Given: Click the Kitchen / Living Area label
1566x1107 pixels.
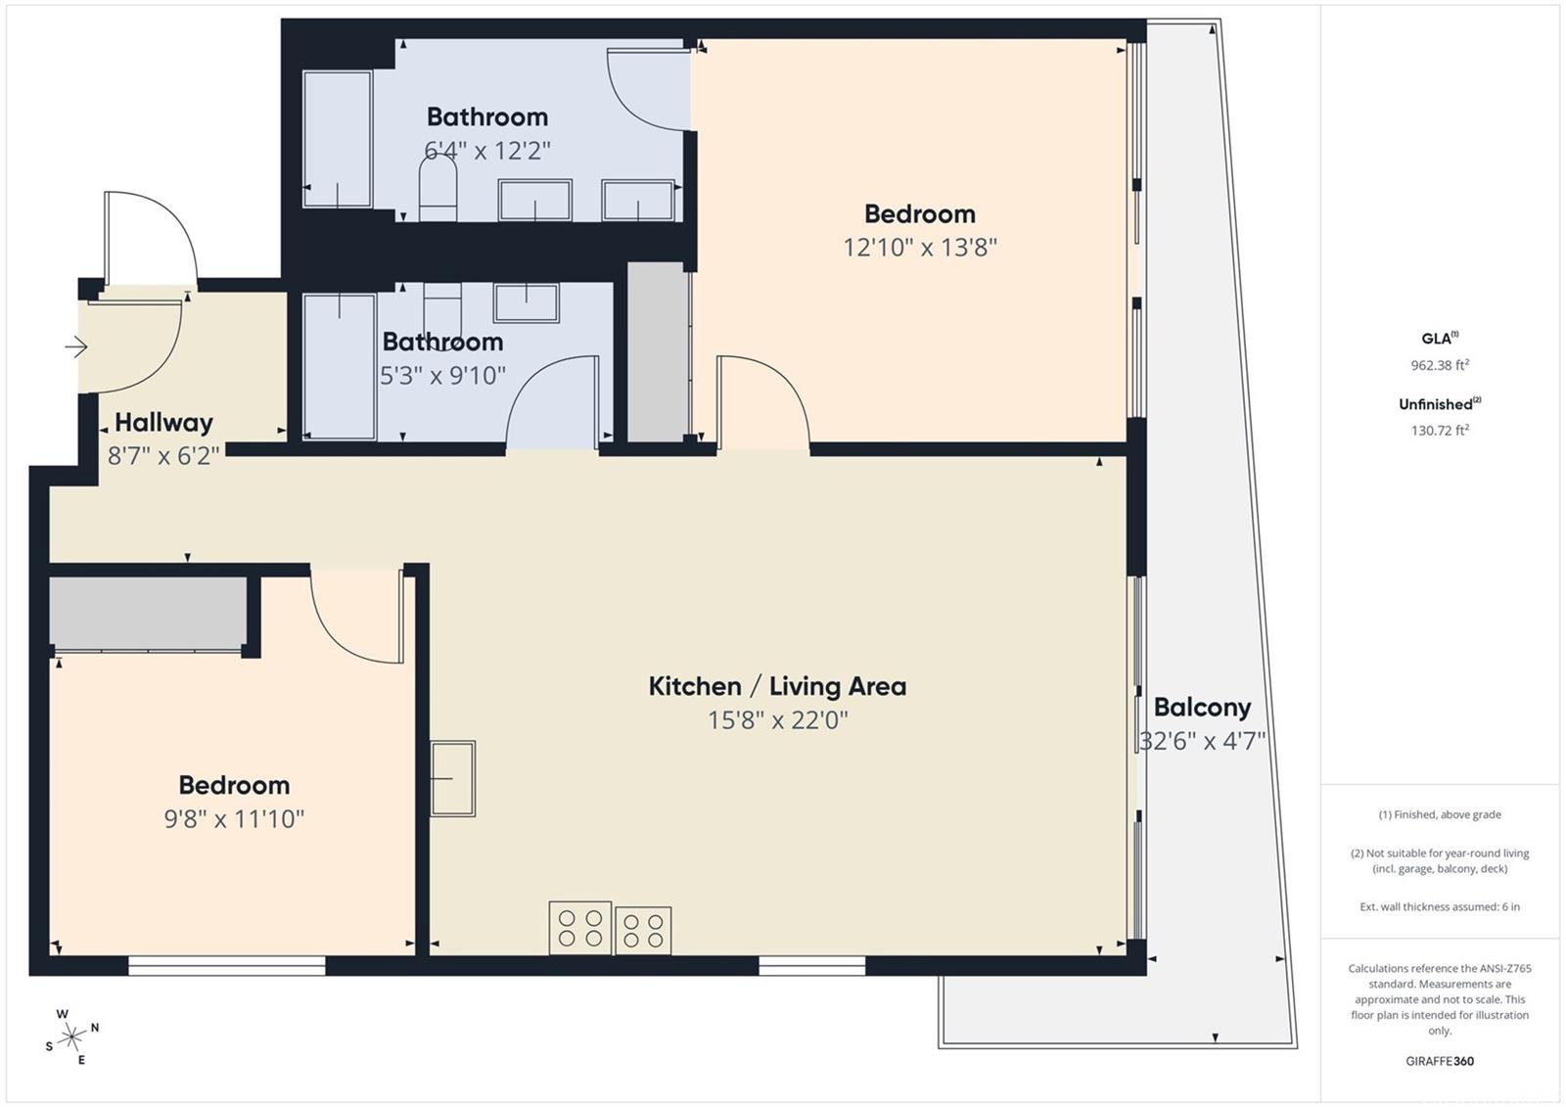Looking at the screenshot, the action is (x=777, y=687).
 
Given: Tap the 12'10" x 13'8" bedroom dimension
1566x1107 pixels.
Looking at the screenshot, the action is (x=920, y=248).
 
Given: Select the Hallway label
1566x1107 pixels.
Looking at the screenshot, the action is (x=163, y=423).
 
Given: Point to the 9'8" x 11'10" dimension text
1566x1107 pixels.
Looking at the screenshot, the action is (x=234, y=819).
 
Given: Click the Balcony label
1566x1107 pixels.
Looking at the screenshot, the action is (x=1202, y=708).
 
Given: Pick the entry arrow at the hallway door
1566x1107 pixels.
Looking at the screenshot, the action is (x=76, y=346).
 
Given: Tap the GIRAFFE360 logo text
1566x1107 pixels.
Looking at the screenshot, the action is (x=1440, y=1061).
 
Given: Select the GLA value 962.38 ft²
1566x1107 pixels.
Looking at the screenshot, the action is (x=1440, y=364).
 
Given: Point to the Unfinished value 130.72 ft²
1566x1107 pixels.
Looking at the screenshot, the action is (x=1440, y=430).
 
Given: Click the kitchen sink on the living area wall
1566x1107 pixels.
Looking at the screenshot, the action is (x=452, y=778).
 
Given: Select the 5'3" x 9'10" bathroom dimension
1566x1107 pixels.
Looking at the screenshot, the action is (x=442, y=376).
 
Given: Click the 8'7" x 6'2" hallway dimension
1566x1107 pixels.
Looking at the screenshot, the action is (x=163, y=456).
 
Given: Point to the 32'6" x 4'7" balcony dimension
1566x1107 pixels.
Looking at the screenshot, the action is (x=1203, y=741).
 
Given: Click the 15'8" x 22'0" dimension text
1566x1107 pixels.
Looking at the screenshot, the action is (x=777, y=720).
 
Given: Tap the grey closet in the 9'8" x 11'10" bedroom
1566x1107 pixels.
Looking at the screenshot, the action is (x=148, y=612).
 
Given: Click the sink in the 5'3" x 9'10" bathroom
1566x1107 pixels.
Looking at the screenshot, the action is (x=527, y=302).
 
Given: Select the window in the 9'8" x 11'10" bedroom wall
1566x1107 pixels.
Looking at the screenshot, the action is (x=226, y=966).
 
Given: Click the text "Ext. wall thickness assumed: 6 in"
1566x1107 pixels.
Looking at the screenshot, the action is (x=1440, y=907).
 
